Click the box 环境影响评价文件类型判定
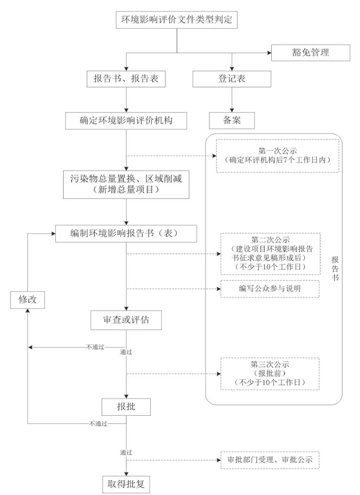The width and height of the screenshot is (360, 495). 177,20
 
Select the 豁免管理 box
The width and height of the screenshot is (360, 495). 310,53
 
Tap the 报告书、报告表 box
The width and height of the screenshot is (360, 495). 126,79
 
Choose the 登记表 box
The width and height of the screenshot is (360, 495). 232,79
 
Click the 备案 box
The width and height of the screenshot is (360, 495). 232,120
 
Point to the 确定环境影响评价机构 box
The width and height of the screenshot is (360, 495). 126,121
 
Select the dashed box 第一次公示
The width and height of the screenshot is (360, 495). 277,156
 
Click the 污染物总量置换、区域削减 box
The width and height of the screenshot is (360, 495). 126,184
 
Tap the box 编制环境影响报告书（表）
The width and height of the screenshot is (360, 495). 126,233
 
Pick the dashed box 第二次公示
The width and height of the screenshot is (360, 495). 270,253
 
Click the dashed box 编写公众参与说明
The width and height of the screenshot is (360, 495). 270,288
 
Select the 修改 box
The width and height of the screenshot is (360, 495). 27,299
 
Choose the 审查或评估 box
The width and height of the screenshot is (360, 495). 126,320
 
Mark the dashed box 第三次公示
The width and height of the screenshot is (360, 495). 270,374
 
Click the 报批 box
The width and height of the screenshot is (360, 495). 126,407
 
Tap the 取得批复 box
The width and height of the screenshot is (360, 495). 126,484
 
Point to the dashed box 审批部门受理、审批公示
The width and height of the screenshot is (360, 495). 270,460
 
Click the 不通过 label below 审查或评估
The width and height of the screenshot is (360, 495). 95,347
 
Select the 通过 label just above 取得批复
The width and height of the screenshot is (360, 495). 126,452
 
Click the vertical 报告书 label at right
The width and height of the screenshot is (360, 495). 335,268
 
